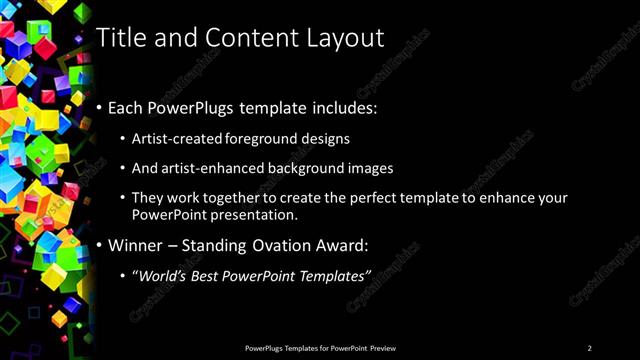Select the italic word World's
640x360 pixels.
point(162,275)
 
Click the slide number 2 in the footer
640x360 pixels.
point(589,348)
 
